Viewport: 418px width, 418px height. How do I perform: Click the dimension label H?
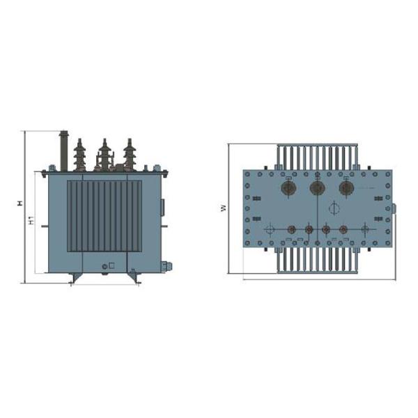point(20,203)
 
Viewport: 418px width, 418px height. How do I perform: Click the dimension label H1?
point(31,221)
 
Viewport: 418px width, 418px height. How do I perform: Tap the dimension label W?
point(224,208)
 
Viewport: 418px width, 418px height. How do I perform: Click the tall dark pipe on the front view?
point(63,151)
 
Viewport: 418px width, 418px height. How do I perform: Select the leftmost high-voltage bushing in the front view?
point(79,155)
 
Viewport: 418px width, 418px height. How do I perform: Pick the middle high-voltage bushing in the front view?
point(104,155)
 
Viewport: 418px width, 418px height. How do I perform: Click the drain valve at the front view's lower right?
point(166,266)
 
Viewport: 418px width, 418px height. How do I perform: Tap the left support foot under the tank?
point(75,278)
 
